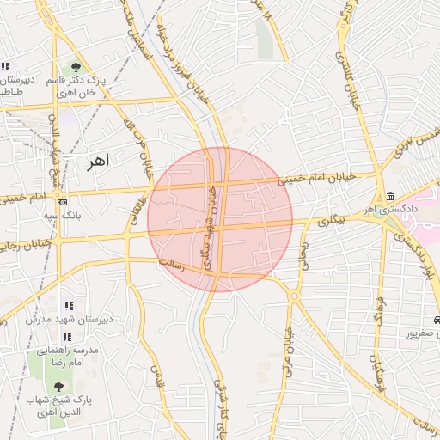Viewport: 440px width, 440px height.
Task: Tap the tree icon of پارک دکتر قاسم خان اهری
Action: point(76,66)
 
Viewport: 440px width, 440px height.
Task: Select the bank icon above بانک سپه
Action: point(61,203)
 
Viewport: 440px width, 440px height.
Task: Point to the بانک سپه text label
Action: point(61,217)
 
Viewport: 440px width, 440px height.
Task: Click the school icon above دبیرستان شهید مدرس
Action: point(69,306)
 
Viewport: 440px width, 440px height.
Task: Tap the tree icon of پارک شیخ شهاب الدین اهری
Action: point(58,388)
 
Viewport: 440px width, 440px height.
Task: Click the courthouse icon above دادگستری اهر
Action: point(391,195)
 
